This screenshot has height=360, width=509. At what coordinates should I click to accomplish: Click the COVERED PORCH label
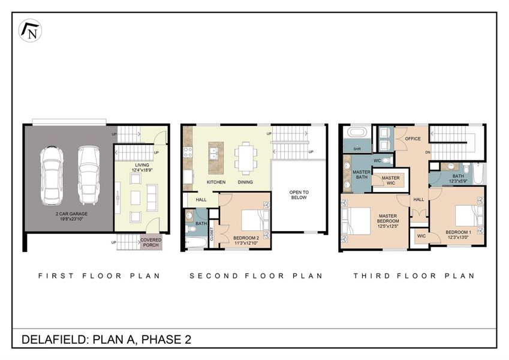coord(150,242)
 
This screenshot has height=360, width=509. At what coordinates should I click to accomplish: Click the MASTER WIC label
coord(390,180)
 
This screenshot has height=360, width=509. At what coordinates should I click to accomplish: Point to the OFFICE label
coord(412,139)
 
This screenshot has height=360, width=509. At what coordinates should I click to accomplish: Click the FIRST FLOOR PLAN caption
coord(99,276)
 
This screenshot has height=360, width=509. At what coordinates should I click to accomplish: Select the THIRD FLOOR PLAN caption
coord(414,276)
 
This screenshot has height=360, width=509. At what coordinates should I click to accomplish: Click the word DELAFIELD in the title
coord(53,340)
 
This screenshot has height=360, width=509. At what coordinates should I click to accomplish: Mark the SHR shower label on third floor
coord(357,148)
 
